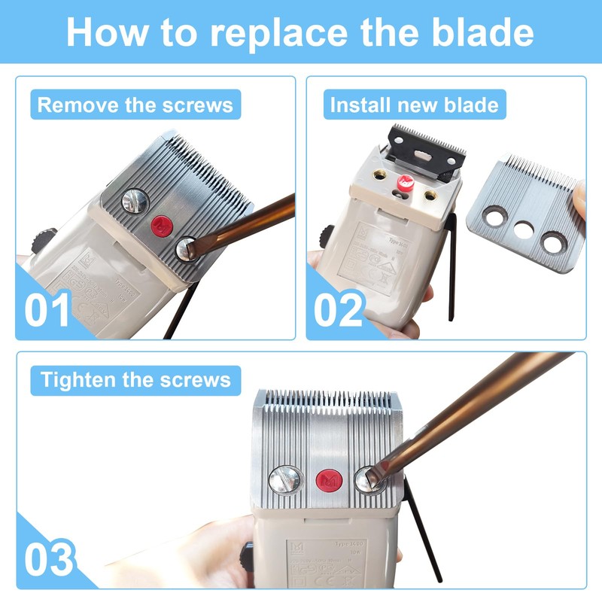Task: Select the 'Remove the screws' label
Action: (135, 105)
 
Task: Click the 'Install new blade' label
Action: (414, 105)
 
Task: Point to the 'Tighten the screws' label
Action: (135, 379)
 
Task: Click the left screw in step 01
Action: (135, 200)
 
